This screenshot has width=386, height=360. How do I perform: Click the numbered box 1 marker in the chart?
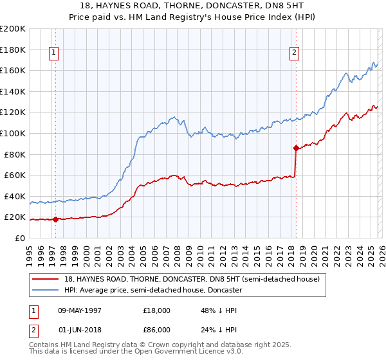click(x=53, y=53)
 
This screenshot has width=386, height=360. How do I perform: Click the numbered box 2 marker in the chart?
click(x=294, y=53)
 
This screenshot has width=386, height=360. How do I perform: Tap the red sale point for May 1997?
click(x=55, y=219)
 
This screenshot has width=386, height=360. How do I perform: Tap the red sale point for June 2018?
click(x=296, y=148)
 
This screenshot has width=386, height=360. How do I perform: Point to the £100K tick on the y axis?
click(x=13, y=133)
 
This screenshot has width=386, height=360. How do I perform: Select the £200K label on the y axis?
click(x=13, y=29)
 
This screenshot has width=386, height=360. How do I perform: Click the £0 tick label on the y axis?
click(x=20, y=238)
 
